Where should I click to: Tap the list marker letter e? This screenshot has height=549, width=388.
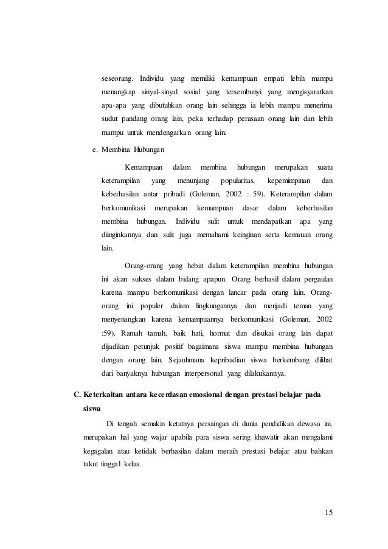coord(93,149)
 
